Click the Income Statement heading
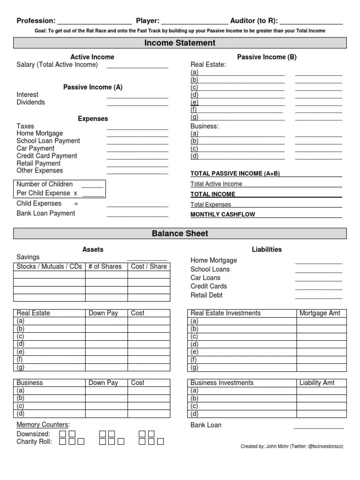[x=180, y=43]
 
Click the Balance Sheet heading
[x=180, y=233]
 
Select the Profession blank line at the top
[x=94, y=22]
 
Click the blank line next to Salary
[x=137, y=67]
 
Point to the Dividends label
[x=31, y=102]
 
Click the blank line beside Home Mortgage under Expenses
[x=137, y=135]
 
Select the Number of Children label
[x=45, y=184]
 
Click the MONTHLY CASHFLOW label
[x=223, y=215]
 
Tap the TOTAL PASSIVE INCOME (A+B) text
[x=235, y=173]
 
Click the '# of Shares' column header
[x=105, y=267]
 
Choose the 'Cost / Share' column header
[x=149, y=267]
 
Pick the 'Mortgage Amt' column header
[x=320, y=313]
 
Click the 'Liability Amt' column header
[x=317, y=383]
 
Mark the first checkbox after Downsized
[x=61, y=434]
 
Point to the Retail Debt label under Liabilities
[x=206, y=295]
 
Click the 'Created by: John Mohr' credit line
[x=292, y=446]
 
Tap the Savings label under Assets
[x=28, y=257]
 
